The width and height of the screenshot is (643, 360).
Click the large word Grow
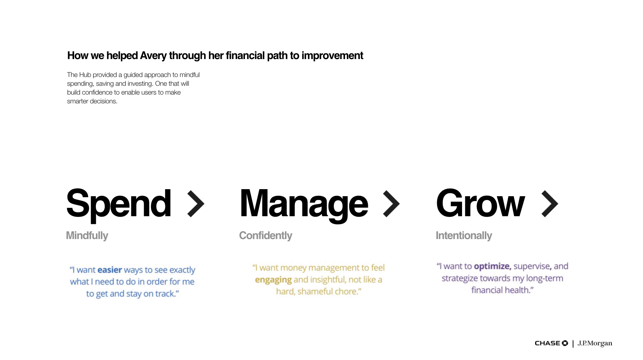tap(480, 203)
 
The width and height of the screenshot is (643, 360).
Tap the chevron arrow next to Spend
tap(196, 204)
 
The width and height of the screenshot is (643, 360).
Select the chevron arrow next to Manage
tap(391, 204)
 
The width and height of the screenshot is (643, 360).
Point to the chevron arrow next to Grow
tap(550, 204)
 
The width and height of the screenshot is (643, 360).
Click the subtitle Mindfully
tap(87, 236)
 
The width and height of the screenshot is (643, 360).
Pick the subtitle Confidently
tap(266, 236)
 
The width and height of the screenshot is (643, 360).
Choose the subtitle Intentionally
tap(464, 236)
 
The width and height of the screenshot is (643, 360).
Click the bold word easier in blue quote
tap(110, 270)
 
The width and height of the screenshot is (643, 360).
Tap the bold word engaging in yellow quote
tap(273, 280)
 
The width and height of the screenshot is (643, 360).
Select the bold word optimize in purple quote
tap(492, 267)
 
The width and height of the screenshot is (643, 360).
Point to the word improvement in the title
tap(332, 56)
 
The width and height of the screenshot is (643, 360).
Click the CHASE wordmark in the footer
tap(547, 343)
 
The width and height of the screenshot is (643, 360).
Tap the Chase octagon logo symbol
tap(565, 343)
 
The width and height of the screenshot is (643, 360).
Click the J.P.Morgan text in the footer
tap(595, 343)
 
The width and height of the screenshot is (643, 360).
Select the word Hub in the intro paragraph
tap(85, 75)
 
